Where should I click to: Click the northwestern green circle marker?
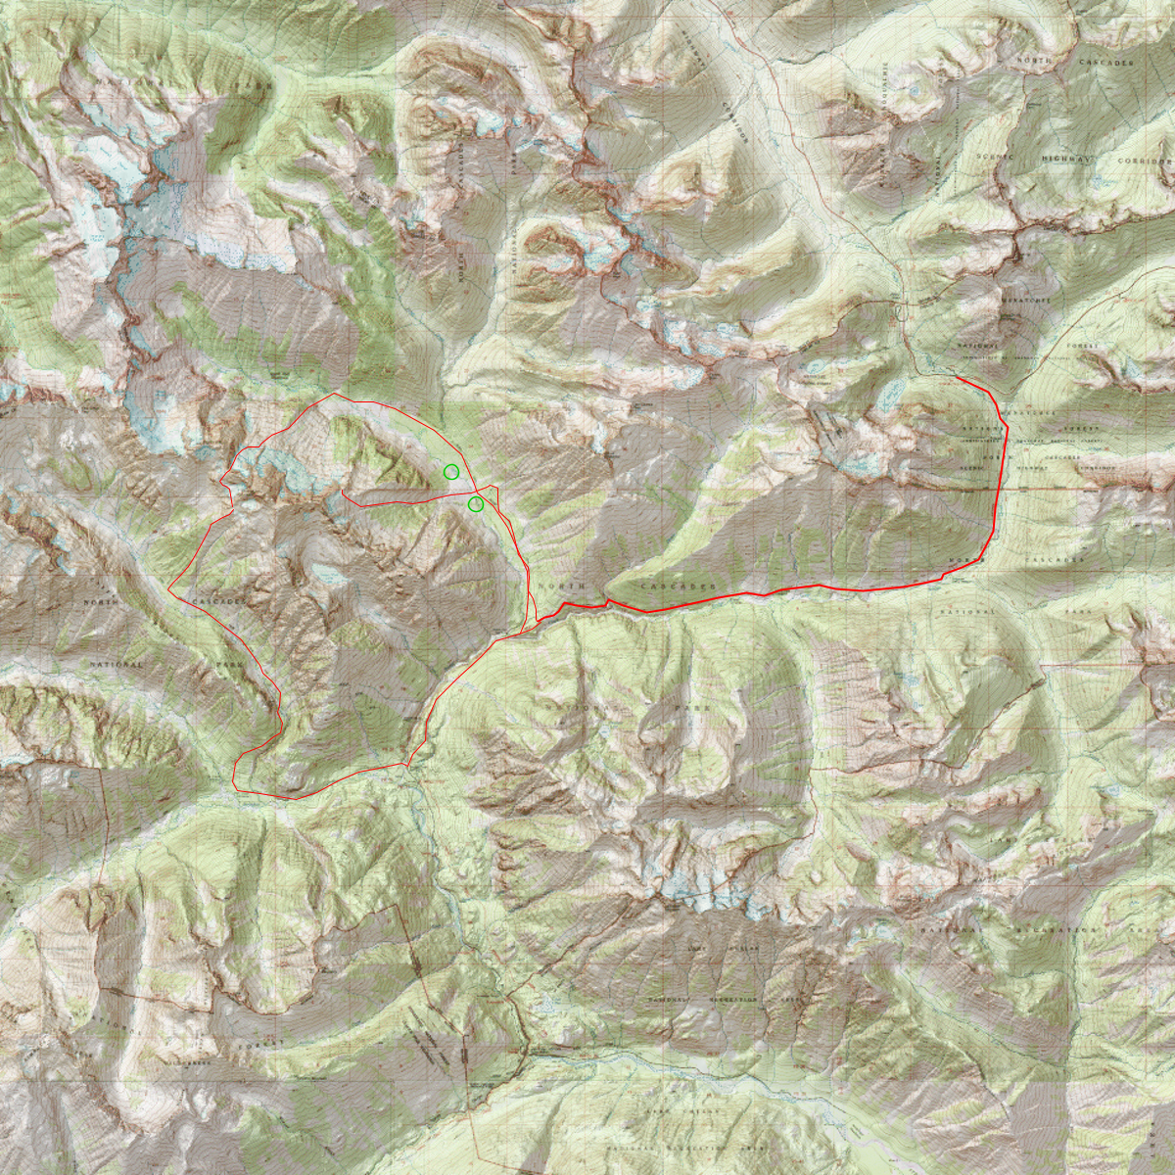[x=450, y=472]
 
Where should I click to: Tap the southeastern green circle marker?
[x=475, y=504]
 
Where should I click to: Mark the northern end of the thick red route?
[x=957, y=378]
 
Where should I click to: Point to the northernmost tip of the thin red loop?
[x=335, y=394]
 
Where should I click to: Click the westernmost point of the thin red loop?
[x=168, y=589]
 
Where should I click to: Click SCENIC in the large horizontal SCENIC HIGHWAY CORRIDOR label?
[x=1000, y=158]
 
